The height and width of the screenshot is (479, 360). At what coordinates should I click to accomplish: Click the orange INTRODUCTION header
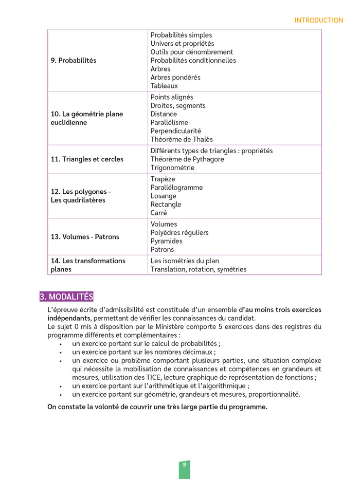point(318,21)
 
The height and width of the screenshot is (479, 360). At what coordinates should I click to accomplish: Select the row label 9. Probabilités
point(74,60)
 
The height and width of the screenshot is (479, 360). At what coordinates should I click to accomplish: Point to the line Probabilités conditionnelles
point(193,60)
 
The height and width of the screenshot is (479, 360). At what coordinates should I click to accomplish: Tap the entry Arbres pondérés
point(175,77)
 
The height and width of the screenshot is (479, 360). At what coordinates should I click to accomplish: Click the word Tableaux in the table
point(164,86)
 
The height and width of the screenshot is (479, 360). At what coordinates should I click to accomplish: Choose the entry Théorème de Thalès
point(182,139)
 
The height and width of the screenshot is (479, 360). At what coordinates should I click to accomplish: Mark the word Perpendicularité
point(176,131)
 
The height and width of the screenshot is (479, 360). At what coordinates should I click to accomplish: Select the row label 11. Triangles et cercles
point(87,159)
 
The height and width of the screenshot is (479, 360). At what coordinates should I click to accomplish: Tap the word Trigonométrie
point(172,168)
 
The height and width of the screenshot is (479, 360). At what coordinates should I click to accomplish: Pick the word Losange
point(164,196)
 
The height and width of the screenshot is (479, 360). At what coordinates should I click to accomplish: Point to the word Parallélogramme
point(176,188)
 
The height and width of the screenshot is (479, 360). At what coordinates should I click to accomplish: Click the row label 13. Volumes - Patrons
point(85,237)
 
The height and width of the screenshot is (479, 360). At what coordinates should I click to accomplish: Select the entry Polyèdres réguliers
point(179,232)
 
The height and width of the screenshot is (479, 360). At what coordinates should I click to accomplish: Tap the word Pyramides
point(166,241)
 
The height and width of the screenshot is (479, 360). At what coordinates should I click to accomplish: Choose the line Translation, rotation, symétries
point(198,269)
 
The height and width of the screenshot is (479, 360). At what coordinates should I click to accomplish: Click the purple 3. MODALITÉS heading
point(66,297)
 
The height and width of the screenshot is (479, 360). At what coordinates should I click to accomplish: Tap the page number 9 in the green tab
point(184,465)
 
